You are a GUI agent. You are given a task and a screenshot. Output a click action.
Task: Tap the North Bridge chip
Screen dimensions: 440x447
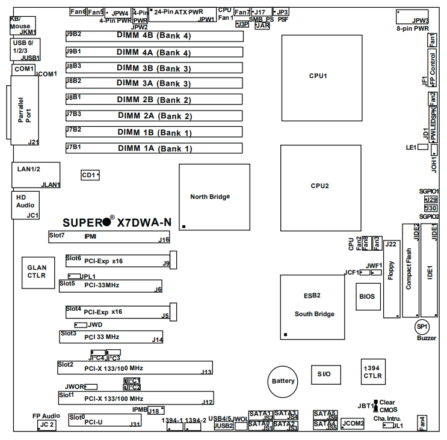tap(214, 197)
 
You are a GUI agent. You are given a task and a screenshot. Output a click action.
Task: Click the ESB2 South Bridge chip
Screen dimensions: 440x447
tap(315, 306)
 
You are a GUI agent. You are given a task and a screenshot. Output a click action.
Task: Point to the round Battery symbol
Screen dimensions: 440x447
tap(283, 381)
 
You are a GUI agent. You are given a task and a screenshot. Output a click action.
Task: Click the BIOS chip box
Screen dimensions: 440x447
tap(366, 296)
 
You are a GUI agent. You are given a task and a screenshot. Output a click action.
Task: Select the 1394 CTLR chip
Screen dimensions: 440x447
tap(373, 372)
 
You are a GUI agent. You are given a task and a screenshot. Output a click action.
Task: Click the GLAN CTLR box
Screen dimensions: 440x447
tap(37, 271)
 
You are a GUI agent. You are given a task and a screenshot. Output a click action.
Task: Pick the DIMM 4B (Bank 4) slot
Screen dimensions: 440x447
tap(154, 36)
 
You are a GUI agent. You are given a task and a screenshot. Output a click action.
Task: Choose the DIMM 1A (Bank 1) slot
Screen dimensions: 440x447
tap(154, 148)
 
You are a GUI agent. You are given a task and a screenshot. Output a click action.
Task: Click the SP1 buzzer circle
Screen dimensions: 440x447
tap(422, 326)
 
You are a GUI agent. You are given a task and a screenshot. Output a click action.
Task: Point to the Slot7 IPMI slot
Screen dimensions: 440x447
tap(109, 237)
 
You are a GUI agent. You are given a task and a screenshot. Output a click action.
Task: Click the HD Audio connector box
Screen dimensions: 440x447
tap(25, 205)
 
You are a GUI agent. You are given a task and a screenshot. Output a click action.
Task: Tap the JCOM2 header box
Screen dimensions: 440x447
tap(353, 424)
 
